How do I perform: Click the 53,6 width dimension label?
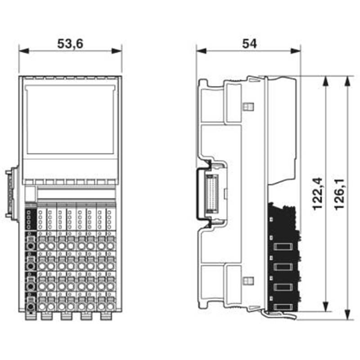70,44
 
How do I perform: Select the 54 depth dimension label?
249,44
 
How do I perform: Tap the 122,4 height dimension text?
318,194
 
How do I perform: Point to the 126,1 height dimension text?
339,194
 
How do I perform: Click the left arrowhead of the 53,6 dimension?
24,51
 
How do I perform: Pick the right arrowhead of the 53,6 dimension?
117,51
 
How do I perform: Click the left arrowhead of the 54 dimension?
201,51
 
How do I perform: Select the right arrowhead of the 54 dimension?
296,51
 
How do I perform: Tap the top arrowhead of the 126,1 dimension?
347,81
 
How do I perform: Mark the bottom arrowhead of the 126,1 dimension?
347,314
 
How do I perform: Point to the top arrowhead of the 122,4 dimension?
325,81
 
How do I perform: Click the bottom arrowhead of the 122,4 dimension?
325,306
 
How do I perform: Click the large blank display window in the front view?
70,119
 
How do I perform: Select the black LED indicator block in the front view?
31,219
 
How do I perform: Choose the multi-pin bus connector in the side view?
211,194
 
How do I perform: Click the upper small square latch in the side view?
248,106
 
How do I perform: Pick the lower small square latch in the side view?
248,280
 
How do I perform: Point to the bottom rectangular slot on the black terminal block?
283,307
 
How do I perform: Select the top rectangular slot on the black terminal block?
283,247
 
